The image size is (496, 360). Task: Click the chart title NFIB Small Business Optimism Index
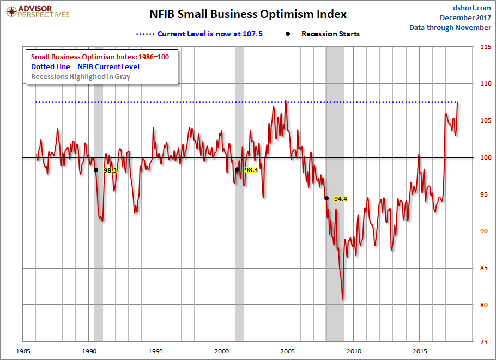coord(248,14)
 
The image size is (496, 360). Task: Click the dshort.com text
coord(473,8)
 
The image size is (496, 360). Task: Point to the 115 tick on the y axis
coord(483,47)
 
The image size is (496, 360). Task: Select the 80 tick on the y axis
coord(483,305)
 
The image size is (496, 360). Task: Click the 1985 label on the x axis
coord(23,351)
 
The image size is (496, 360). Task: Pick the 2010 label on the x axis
coord(354,351)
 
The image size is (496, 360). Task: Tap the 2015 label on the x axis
coord(420,351)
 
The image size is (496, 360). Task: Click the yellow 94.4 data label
coord(341,199)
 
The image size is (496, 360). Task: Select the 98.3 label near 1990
coord(110,170)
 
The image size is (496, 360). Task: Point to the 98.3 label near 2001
coord(251,170)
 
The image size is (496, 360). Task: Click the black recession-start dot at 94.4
coord(326,198)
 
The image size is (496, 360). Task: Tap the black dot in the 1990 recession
coord(96,170)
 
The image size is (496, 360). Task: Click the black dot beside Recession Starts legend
coord(288,34)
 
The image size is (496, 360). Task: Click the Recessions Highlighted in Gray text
coord(81,76)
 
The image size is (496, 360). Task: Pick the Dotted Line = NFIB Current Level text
coord(85,66)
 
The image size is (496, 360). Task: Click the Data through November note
coord(450,27)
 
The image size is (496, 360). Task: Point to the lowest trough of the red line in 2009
coord(343,298)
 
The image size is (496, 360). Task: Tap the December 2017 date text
coord(465,17)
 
